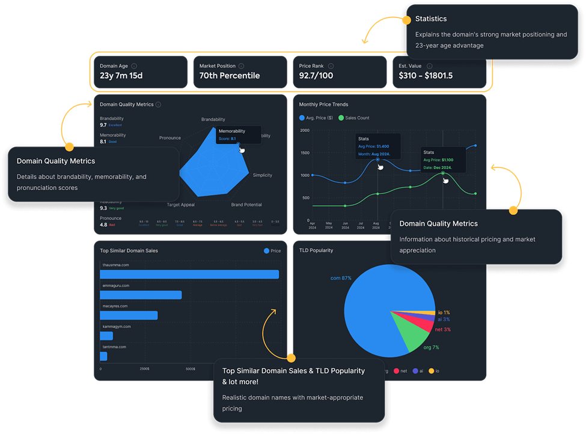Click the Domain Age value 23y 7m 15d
pos(121,76)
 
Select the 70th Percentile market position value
pos(230,76)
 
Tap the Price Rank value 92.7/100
pos(316,76)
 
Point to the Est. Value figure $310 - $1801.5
pos(426,76)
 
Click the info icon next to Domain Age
pos(133,66)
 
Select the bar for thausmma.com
pos(189,274)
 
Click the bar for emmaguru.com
pos(141,295)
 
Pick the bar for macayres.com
pos(129,315)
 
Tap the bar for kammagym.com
pos(106,336)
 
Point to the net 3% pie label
pos(442,330)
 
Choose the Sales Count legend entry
pos(354,118)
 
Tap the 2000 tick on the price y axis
pos(304,130)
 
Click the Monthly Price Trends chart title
pos(323,104)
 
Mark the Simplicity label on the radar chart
pos(262,175)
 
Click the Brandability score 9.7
pos(103,125)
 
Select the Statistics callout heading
pos(431,19)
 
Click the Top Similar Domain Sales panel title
pos(129,250)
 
